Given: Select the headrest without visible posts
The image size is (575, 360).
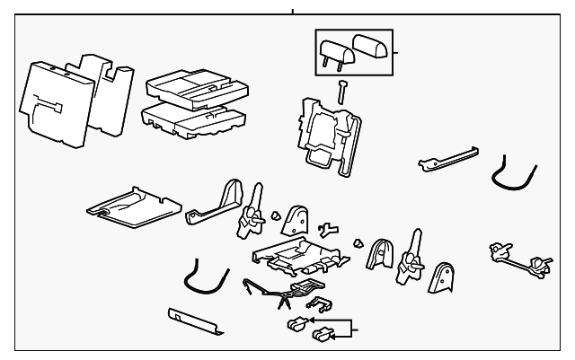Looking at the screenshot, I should tap(372, 45).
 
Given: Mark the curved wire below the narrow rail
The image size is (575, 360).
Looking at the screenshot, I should tap(514, 179).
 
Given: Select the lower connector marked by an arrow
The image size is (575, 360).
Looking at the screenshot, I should tap(319, 337).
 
